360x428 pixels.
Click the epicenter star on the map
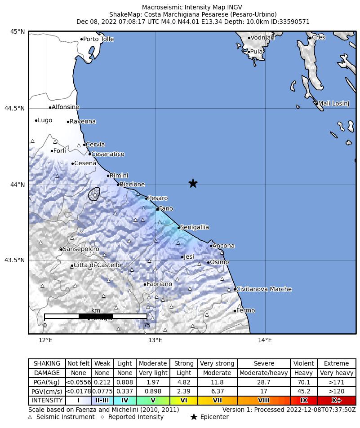193,183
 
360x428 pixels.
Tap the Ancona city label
223,246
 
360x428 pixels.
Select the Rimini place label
119,176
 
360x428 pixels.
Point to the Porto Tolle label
98,39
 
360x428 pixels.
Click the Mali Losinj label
333,104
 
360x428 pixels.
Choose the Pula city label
256,52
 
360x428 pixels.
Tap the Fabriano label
159,284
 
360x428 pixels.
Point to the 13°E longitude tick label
156,340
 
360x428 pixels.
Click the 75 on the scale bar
147,325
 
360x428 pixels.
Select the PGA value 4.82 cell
183,382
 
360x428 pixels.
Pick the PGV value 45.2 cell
304,391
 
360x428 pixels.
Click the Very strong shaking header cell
217,363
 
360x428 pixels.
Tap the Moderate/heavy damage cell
264,373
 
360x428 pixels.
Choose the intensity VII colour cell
217,400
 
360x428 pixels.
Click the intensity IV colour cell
125,400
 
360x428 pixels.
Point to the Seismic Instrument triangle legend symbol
30,417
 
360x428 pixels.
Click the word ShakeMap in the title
123,14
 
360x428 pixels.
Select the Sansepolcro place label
81,249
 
